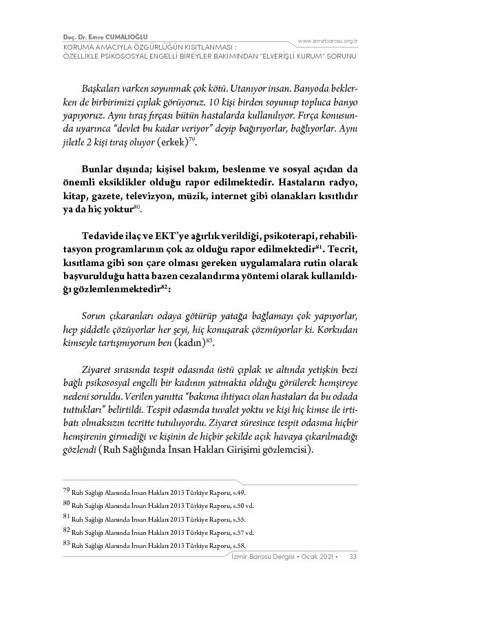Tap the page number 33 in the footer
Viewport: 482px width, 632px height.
(x=352, y=556)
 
